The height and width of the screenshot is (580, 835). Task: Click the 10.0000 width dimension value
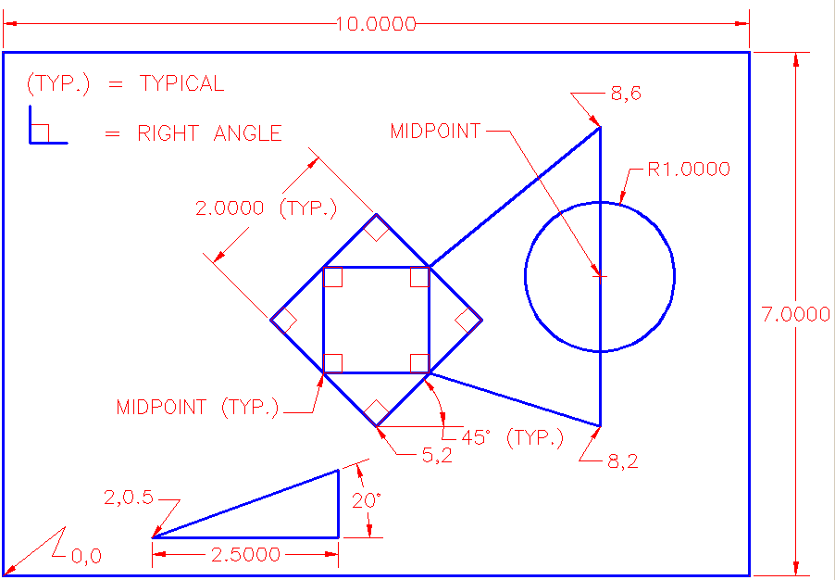coord(376,24)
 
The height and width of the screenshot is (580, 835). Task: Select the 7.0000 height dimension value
coord(795,314)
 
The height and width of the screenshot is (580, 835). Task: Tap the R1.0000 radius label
coord(689,170)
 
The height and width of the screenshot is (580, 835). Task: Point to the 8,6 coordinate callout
coord(625,93)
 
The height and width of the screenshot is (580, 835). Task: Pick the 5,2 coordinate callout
coord(437,455)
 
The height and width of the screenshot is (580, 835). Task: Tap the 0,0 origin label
coord(86,556)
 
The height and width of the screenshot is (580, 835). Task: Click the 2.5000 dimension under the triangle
coord(245,555)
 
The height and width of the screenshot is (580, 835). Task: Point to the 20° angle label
coord(368,500)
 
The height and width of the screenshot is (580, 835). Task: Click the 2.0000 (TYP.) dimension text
coord(266,208)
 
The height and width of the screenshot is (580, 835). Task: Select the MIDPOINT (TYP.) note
coord(197,407)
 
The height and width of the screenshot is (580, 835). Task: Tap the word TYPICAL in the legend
coord(181,83)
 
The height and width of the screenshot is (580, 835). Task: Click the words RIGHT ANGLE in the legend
coord(209,133)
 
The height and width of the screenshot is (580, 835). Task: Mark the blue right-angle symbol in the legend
coord(46,125)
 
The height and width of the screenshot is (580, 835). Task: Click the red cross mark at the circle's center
coord(600,276)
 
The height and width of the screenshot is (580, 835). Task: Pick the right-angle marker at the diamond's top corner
coord(376,229)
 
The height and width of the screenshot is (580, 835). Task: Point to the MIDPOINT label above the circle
coord(435,132)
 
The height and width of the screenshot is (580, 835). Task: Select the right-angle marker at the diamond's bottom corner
coord(376,411)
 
